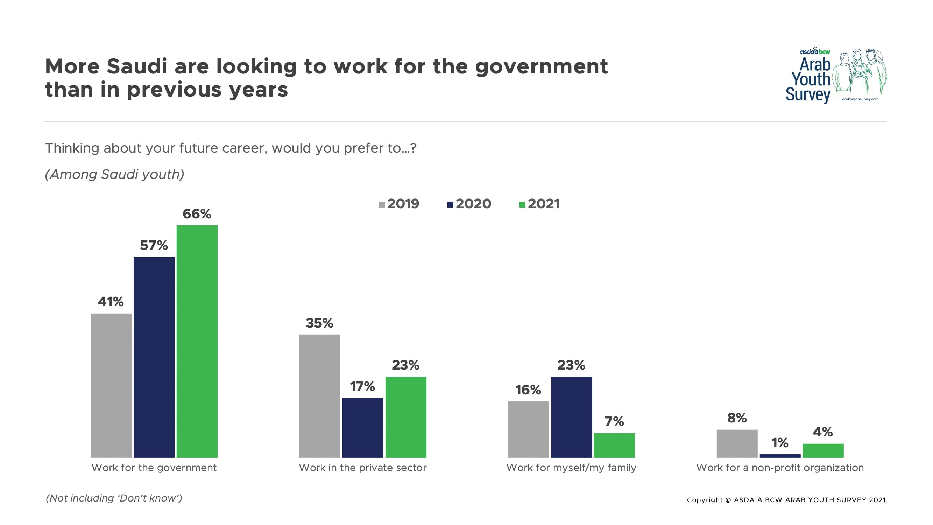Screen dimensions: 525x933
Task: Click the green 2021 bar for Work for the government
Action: pyautogui.click(x=197, y=341)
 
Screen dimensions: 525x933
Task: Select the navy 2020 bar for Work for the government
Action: pyautogui.click(x=154, y=357)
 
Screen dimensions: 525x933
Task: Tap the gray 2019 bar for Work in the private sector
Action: pyautogui.click(x=319, y=395)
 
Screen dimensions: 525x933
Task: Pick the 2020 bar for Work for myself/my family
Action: pyautogui.click(x=571, y=416)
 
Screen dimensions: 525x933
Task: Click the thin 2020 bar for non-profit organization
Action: pyautogui.click(x=780, y=455)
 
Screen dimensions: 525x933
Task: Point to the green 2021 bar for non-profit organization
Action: pyautogui.click(x=823, y=450)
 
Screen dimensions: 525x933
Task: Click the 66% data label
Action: pyautogui.click(x=197, y=214)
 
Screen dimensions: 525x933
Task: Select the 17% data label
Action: pyautogui.click(x=362, y=386)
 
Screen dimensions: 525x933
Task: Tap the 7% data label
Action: pyautogui.click(x=614, y=421)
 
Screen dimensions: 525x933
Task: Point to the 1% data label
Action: pyautogui.click(x=779, y=442)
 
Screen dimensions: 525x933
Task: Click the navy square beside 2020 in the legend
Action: pyautogui.click(x=450, y=205)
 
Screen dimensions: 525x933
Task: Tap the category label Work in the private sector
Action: pyautogui.click(x=362, y=467)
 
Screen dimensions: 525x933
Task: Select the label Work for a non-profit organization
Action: pyautogui.click(x=780, y=467)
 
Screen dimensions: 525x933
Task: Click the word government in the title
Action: pyautogui.click(x=541, y=68)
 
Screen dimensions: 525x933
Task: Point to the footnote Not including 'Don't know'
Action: pyautogui.click(x=114, y=498)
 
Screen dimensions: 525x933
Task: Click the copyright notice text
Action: pyautogui.click(x=787, y=500)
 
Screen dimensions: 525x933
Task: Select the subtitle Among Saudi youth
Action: pyautogui.click(x=114, y=174)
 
